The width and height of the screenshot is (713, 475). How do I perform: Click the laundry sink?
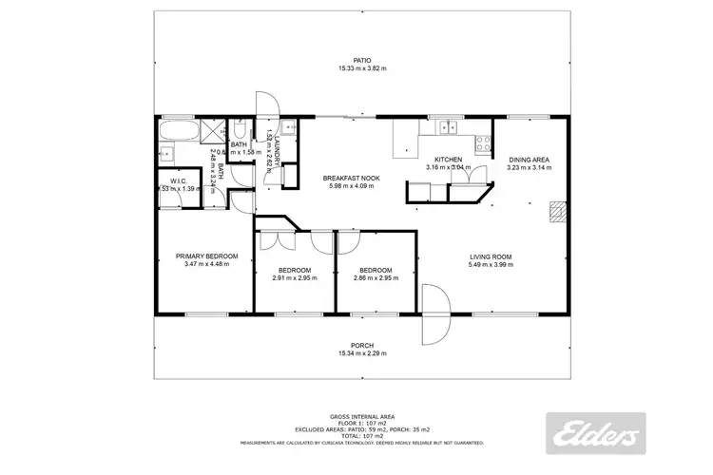[289, 130]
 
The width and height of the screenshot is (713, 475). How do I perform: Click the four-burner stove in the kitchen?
[483, 144]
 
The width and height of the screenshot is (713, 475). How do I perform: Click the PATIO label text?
[362, 59]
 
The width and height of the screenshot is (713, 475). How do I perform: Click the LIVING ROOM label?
[491, 256]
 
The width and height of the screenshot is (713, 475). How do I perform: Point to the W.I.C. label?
[177, 180]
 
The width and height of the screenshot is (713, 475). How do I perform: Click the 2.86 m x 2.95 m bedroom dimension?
[376, 278]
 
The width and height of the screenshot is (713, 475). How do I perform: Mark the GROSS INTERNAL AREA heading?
[362, 416]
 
